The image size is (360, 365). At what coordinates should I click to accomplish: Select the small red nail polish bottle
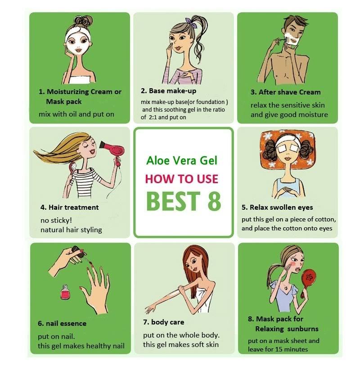click(x=65, y=292)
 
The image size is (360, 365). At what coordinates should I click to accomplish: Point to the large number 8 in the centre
click(x=214, y=200)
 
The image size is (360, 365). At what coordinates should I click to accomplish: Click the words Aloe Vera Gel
click(x=182, y=161)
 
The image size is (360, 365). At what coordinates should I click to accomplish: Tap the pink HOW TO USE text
click(x=181, y=179)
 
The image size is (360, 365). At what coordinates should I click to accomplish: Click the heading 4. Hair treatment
click(x=69, y=207)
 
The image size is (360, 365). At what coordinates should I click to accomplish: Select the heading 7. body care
click(x=164, y=322)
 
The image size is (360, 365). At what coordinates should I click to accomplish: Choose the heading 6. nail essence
click(x=62, y=323)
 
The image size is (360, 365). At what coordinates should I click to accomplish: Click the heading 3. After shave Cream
click(x=286, y=92)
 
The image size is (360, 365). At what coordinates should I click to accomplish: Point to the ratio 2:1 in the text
click(x=153, y=117)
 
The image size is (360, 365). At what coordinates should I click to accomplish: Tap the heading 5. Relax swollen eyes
click(x=277, y=207)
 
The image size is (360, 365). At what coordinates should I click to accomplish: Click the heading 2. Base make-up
click(x=168, y=90)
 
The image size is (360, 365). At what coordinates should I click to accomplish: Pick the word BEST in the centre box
click(x=173, y=200)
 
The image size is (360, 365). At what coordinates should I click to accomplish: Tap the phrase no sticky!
click(x=56, y=220)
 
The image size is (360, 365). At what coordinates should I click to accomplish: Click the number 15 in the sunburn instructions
click(x=282, y=349)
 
